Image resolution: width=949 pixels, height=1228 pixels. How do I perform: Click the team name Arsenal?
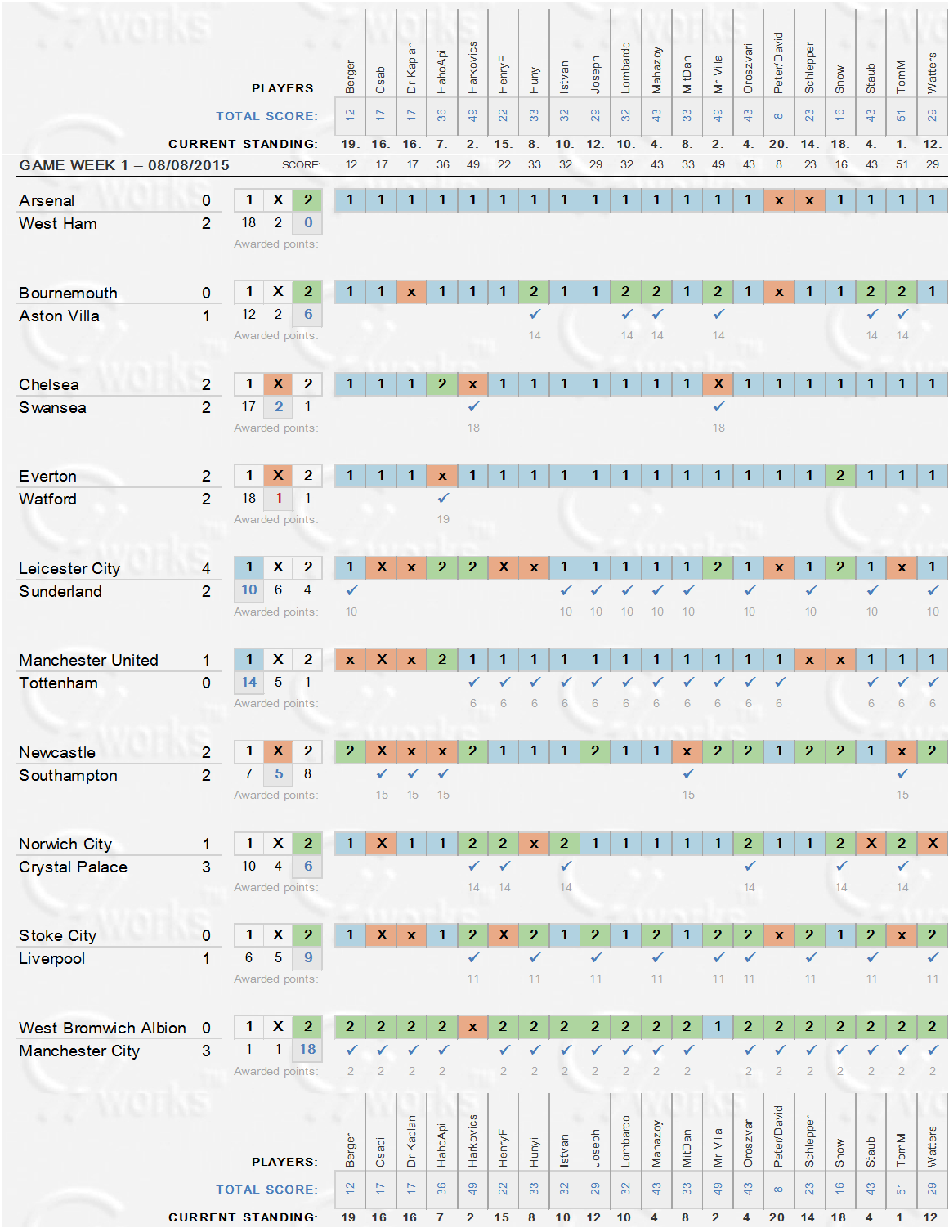[x=47, y=200]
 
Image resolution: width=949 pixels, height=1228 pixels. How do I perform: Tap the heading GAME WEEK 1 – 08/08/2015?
[x=124, y=165]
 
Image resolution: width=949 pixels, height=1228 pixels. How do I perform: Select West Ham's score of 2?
[x=206, y=223]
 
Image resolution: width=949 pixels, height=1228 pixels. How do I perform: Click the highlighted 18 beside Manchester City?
[x=307, y=1050]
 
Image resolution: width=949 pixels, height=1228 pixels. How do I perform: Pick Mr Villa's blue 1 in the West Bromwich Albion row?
[x=718, y=1027]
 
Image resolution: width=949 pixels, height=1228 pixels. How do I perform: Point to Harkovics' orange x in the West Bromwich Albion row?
[x=472, y=1027]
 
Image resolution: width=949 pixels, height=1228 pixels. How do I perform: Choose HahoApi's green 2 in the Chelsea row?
[x=442, y=383]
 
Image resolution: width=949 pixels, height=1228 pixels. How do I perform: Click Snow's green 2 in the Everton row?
[x=840, y=475]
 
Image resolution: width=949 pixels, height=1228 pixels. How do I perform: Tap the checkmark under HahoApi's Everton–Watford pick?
[x=443, y=498]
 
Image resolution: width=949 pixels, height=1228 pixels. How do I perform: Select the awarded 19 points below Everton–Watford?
[x=443, y=519]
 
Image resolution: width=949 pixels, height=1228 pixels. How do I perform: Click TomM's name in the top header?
[x=902, y=76]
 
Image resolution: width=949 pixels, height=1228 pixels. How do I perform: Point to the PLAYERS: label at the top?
[x=284, y=88]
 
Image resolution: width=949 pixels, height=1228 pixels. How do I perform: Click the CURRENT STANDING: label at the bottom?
[x=243, y=1217]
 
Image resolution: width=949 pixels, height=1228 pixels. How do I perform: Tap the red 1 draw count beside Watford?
[x=279, y=498]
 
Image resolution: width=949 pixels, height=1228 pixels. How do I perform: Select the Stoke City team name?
[x=57, y=935]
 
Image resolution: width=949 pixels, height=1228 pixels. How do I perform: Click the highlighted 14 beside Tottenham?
[x=248, y=682]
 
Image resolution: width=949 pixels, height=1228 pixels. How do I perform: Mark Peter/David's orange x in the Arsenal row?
[x=779, y=200]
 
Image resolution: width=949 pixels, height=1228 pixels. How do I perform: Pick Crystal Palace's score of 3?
[x=206, y=867]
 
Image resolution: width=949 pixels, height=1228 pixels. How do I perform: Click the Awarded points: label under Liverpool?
[x=275, y=979]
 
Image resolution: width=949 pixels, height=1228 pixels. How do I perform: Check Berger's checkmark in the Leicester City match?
[x=351, y=590]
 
